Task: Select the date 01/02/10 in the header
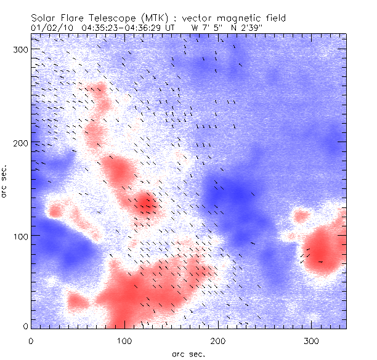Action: click(51, 28)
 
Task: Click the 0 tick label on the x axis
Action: click(31, 340)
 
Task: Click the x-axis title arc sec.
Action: click(188, 353)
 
